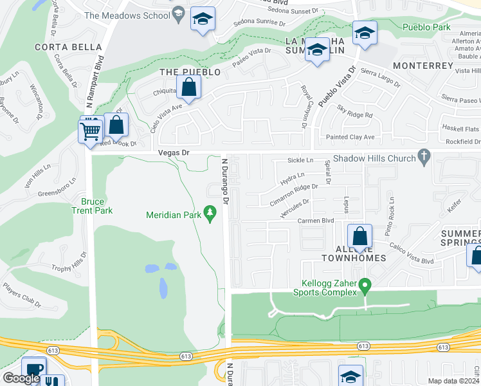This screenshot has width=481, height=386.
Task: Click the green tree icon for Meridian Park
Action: point(209,211)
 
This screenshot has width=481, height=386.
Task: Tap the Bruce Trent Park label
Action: point(91,206)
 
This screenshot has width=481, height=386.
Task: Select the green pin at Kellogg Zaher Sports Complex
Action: point(365,284)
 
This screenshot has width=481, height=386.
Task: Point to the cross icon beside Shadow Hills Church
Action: point(423,156)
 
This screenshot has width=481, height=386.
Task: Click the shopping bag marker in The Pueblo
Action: point(188,88)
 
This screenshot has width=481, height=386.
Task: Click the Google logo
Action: point(21,378)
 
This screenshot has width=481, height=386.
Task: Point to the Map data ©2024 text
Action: point(453,380)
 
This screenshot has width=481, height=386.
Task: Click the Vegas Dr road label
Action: point(174,153)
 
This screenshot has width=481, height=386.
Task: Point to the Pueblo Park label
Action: point(426,27)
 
